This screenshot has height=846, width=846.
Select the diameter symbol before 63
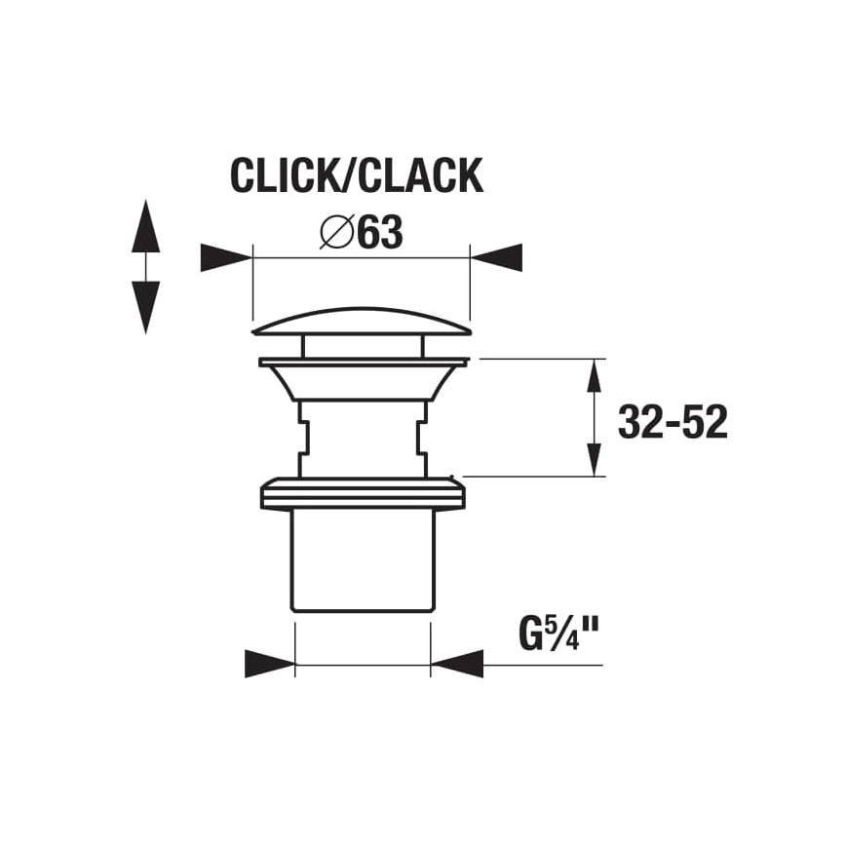336,233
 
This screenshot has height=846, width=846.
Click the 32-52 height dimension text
673,422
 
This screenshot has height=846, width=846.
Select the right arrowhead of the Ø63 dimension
497,258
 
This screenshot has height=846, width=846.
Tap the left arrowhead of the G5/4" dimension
269,665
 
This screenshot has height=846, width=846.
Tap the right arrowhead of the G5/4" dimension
456,665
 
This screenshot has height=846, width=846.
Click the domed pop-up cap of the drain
362,322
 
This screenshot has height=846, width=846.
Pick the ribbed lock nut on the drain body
362,493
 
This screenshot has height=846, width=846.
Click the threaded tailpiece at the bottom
362,560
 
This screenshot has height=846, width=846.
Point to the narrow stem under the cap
362,346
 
